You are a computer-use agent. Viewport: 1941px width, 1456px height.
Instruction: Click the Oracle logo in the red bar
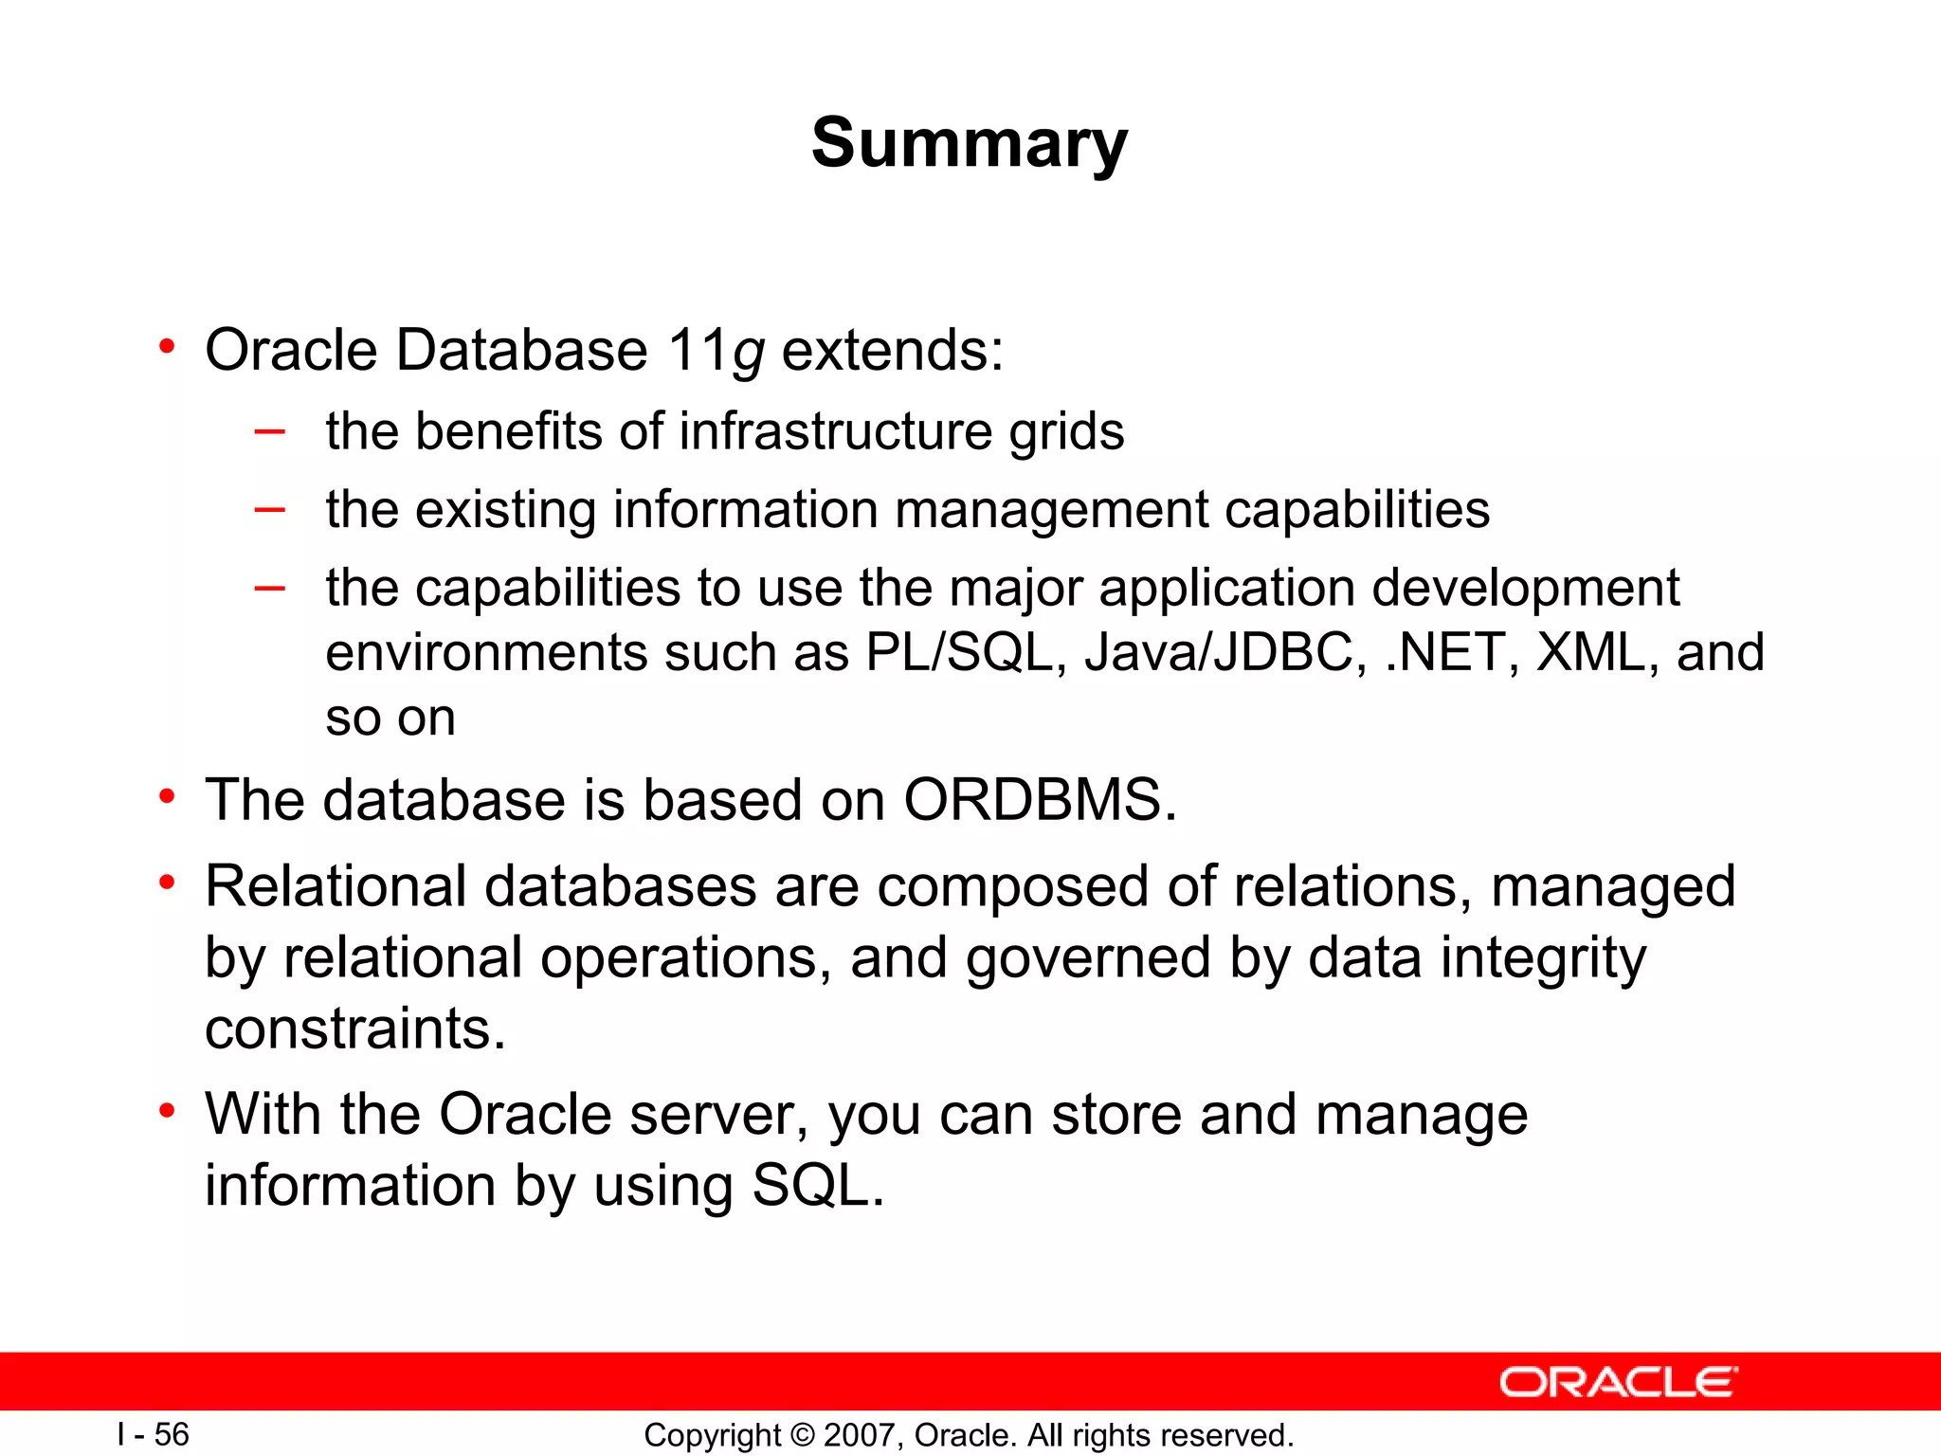pos(1618,1382)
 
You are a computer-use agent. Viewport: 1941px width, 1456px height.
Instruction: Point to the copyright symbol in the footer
pos(802,1435)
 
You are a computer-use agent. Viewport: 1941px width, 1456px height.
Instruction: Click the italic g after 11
pos(748,353)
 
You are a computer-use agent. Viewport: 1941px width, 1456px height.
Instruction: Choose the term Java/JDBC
pos(1219,652)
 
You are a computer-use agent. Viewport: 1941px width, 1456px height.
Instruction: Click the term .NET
pos(1443,652)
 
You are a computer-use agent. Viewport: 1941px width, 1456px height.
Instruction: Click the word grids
pos(1066,432)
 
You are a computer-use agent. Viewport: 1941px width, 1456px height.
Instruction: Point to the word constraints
pos(354,1028)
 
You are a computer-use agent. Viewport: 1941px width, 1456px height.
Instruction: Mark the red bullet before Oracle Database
pos(167,347)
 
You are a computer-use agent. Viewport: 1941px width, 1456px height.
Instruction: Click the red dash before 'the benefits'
pos(270,431)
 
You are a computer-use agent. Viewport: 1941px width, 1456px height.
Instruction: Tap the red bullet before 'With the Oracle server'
pos(167,1110)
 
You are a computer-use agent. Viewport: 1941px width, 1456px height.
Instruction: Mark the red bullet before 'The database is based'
pos(167,796)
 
